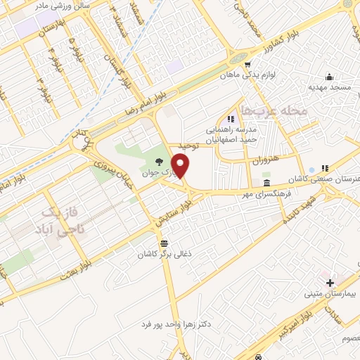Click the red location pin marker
181,167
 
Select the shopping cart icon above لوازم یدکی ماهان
247,63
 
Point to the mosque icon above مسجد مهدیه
328,77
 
